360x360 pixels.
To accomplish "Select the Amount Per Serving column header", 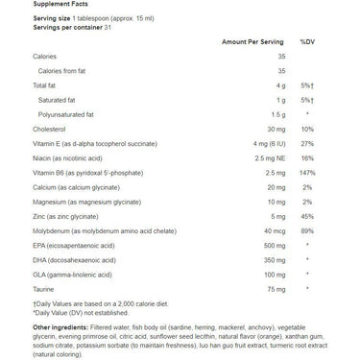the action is pyautogui.click(x=248, y=43).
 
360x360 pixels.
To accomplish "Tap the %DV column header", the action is pyautogui.click(x=307, y=43).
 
